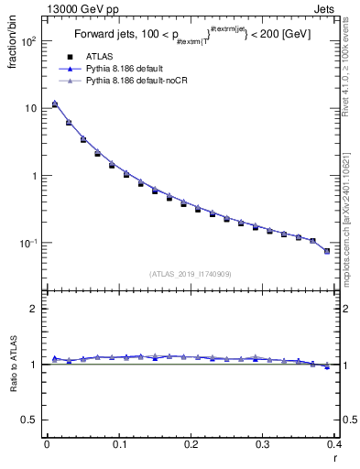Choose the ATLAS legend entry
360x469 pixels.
[100, 57]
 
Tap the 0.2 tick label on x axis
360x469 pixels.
[191, 443]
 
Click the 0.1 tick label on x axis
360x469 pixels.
[118, 443]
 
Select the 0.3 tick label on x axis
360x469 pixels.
[263, 443]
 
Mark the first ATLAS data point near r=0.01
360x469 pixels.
[54, 104]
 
